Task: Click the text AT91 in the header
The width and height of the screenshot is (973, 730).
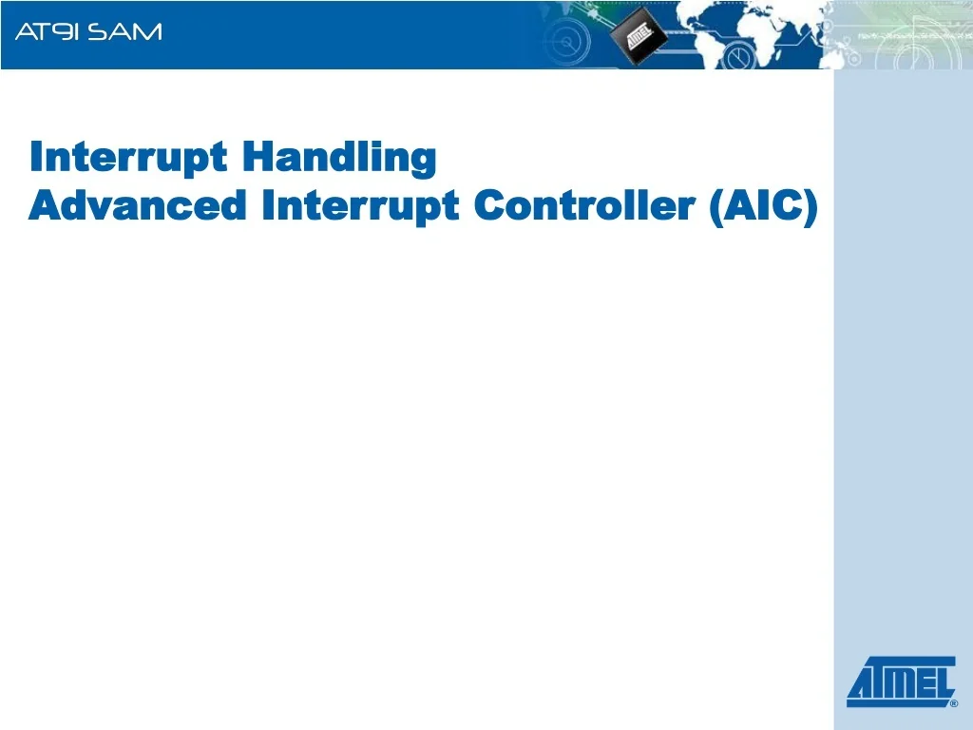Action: pos(48,32)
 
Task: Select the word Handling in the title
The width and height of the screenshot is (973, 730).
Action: pos(339,158)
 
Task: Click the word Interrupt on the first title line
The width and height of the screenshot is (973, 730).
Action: pos(128,157)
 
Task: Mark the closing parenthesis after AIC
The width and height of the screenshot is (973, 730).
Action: pos(810,206)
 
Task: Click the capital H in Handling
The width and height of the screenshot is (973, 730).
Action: pos(255,157)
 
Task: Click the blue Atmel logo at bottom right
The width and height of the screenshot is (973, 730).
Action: pos(901,682)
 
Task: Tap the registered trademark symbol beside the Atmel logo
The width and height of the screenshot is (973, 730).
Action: pos(953,704)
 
